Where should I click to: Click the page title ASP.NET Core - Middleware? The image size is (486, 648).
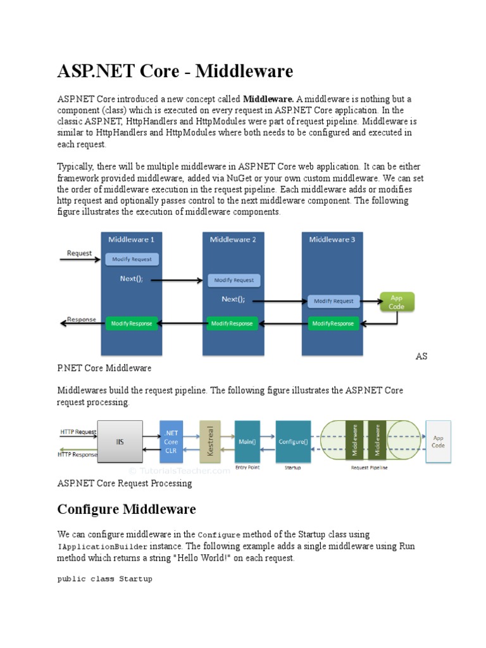[175, 72]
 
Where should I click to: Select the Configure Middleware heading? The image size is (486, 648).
[127, 509]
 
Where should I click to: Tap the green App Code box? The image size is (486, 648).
[396, 302]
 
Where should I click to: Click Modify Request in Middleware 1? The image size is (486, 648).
[132, 259]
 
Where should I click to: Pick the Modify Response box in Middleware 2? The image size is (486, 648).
[232, 323]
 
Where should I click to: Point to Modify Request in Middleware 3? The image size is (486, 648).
[334, 301]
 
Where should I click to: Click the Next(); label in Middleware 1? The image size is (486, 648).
[132, 278]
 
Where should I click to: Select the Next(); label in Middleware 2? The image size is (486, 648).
[233, 299]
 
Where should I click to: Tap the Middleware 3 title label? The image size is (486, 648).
[332, 239]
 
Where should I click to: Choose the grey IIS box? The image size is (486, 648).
[120, 440]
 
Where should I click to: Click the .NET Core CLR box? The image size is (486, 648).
[171, 441]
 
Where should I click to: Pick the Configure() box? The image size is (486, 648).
[292, 440]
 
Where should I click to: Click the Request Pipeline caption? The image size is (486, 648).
[369, 468]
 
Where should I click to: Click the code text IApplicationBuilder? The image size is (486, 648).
[103, 546]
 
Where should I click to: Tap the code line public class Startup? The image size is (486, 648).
[104, 578]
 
